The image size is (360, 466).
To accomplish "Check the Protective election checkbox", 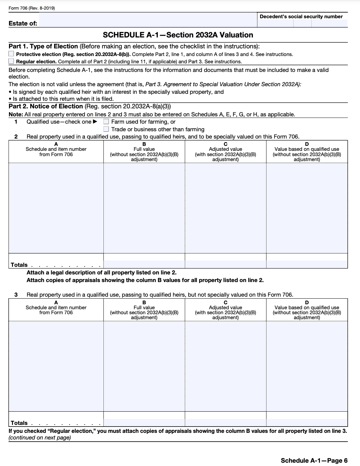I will coord(11,54).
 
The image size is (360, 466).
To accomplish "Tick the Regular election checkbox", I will coord(11,61).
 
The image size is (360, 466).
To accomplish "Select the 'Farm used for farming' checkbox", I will coord(106,122).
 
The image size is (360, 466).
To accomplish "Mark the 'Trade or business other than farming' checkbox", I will coord(106,129).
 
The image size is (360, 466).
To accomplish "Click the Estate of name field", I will coord(148,20).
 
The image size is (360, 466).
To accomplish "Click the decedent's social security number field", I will coord(302,23).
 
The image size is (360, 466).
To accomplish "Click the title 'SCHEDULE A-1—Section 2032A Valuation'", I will coord(178,35).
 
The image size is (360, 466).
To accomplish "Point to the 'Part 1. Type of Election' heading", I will coord(43,46).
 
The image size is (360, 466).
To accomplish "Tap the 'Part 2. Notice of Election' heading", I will coord(46,106).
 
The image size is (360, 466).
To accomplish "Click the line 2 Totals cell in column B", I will coord(144,264).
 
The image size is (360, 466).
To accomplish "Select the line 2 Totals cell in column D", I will coord(307,264).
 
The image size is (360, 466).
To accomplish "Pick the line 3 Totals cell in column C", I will coord(225,423).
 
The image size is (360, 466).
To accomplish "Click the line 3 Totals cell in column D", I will coord(307,423).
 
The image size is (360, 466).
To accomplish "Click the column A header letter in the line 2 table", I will coord(56,144).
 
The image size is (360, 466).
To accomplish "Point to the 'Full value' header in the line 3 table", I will coord(144,308).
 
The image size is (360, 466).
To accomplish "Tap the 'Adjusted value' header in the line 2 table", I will coord(225,149).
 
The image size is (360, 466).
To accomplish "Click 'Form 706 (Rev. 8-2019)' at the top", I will coord(32,8).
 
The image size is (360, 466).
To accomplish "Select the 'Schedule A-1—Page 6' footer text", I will coord(314,460).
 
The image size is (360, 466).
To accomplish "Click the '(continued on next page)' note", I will coord(40,437).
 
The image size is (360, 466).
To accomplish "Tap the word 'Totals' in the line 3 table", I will coord(19,423).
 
